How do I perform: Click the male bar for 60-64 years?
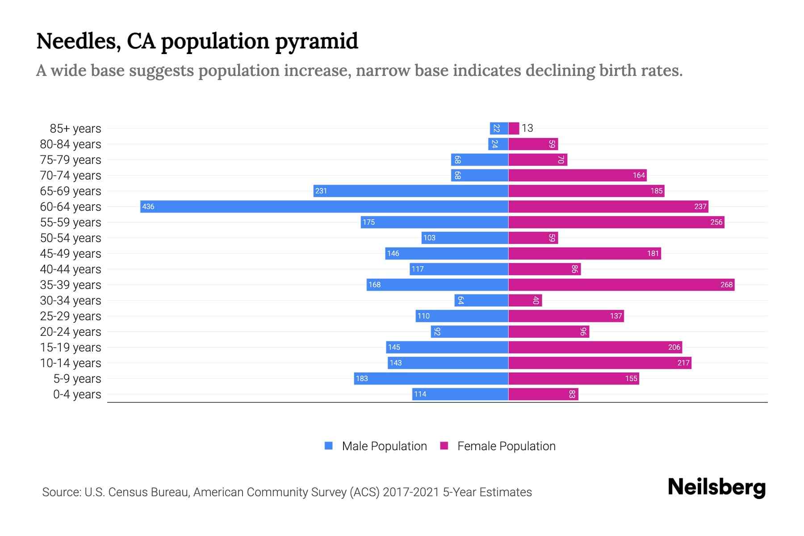(324, 206)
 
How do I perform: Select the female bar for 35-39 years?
(621, 285)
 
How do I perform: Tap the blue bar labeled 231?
(411, 191)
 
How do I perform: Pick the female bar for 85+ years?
(514, 128)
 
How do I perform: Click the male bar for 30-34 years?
(482, 300)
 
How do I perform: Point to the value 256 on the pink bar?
(716, 222)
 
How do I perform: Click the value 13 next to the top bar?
(528, 128)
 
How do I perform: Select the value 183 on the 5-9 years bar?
(362, 378)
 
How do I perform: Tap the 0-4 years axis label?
(77, 394)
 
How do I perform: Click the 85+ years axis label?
(75, 128)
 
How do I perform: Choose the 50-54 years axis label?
(71, 238)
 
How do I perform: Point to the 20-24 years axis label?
(71, 331)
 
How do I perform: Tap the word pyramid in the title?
(316, 41)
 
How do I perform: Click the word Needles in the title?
(79, 41)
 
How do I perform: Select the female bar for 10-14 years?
(599, 363)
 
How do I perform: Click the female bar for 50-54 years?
(533, 238)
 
